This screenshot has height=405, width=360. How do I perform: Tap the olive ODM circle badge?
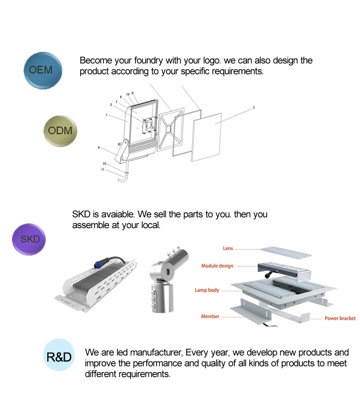[60, 131]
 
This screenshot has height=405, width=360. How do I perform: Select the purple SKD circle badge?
[30, 239]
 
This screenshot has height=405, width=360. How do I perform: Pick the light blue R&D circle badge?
[59, 357]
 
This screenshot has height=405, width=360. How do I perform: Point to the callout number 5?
[254, 108]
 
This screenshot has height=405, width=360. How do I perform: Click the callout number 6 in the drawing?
[99, 147]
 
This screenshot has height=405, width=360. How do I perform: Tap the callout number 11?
[103, 169]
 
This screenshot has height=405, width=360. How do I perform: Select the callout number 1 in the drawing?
[107, 115]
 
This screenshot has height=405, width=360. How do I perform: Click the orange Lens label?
[228, 248]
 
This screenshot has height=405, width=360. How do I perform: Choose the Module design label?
[217, 266]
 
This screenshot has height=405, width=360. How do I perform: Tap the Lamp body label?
[207, 290]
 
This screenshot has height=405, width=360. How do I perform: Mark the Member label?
[210, 316]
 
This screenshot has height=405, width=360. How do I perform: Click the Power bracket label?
[340, 319]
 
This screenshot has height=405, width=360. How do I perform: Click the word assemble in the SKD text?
[90, 225]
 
